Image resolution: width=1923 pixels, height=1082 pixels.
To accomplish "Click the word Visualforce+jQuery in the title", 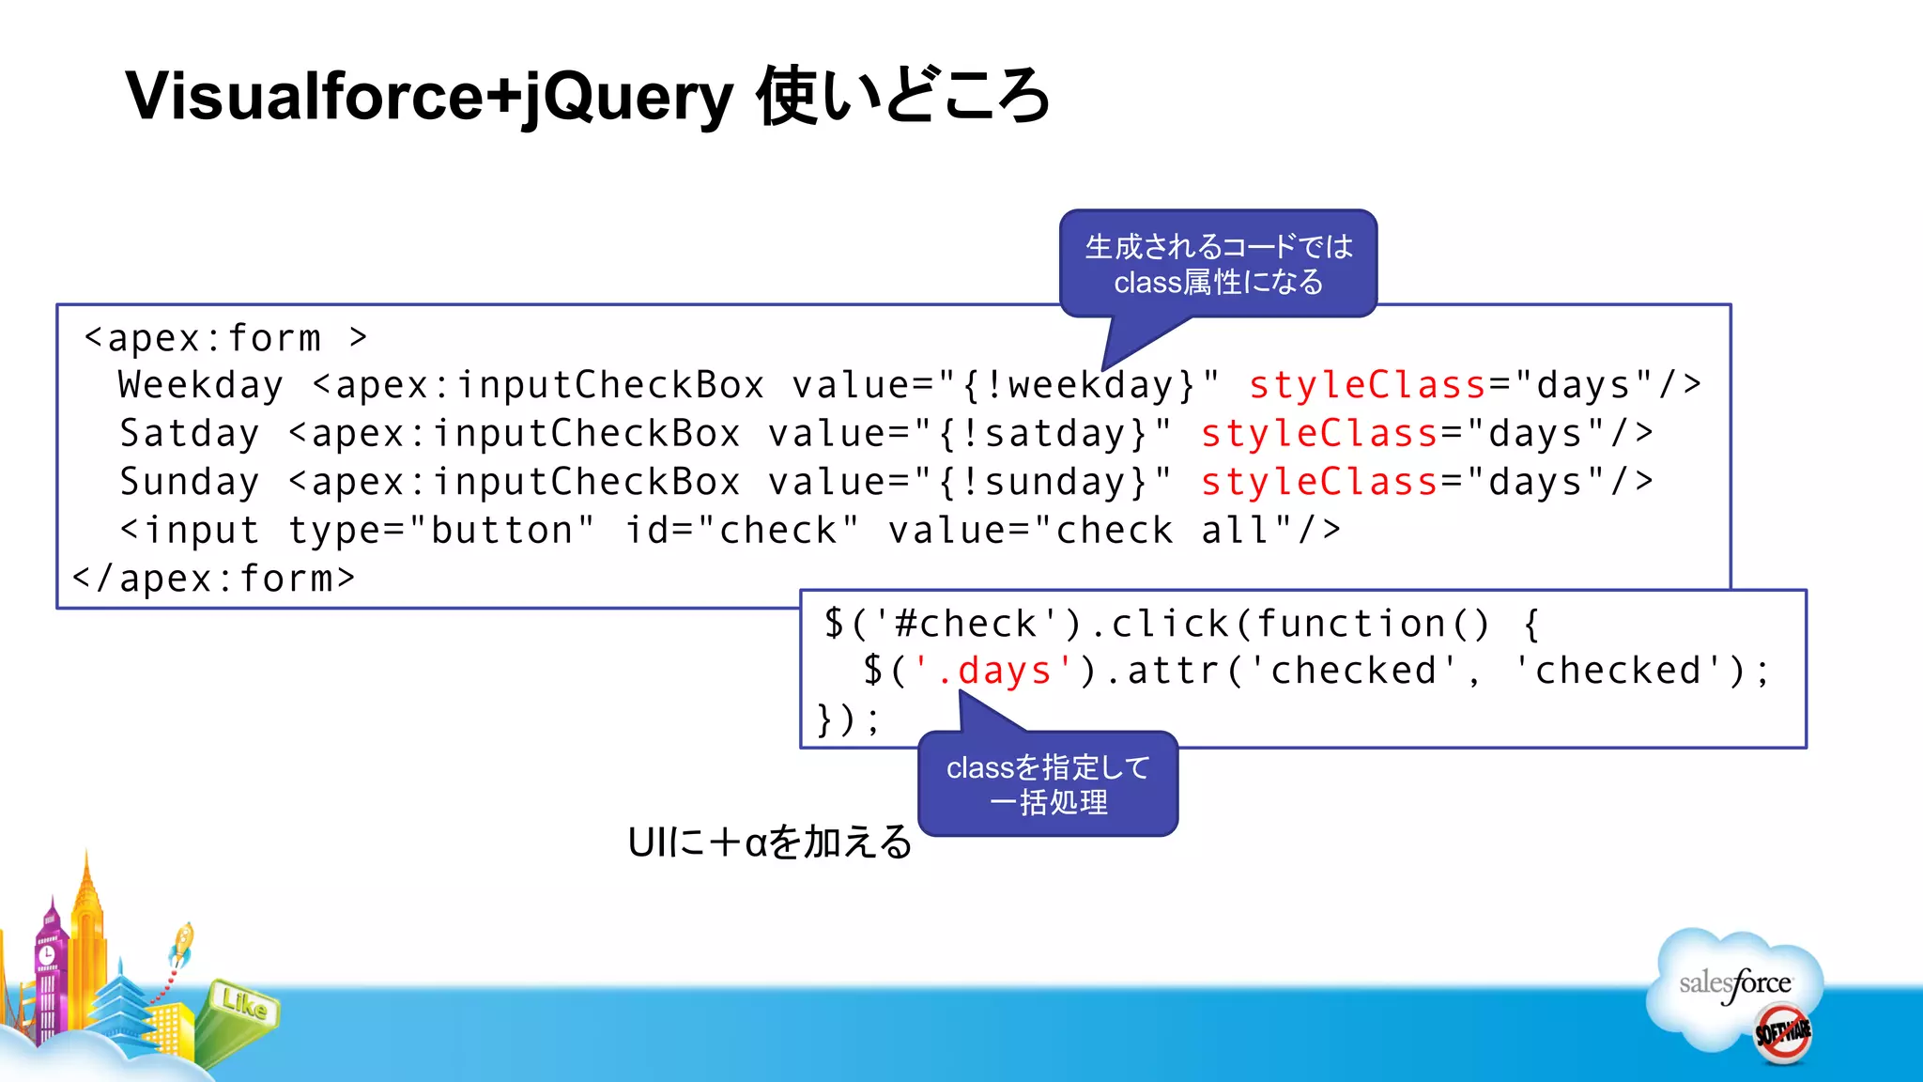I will tap(428, 97).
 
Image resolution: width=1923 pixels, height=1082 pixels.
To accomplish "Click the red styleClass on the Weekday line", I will tap(1367, 385).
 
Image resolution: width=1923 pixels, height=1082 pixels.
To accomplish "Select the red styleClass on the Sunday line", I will tap(1319, 482).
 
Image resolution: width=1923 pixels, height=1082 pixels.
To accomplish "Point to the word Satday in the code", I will tap(189, 434).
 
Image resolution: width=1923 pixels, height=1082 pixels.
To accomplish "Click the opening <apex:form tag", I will tap(202, 338).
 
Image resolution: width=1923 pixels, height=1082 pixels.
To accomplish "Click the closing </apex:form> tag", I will tap(214, 579).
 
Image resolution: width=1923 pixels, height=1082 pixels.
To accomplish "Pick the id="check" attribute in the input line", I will tap(742, 531).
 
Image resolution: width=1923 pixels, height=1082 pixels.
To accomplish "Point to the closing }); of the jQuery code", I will tap(848, 720).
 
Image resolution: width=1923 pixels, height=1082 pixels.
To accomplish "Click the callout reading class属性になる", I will tap(1218, 264).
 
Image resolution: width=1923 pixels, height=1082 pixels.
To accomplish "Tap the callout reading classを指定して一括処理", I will tap(1048, 784).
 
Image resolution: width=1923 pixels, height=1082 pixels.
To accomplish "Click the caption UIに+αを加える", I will tap(769, 842).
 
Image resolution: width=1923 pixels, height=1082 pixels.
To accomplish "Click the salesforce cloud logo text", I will tap(1735, 983).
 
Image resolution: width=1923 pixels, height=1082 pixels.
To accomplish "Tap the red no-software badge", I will tap(1782, 1033).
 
